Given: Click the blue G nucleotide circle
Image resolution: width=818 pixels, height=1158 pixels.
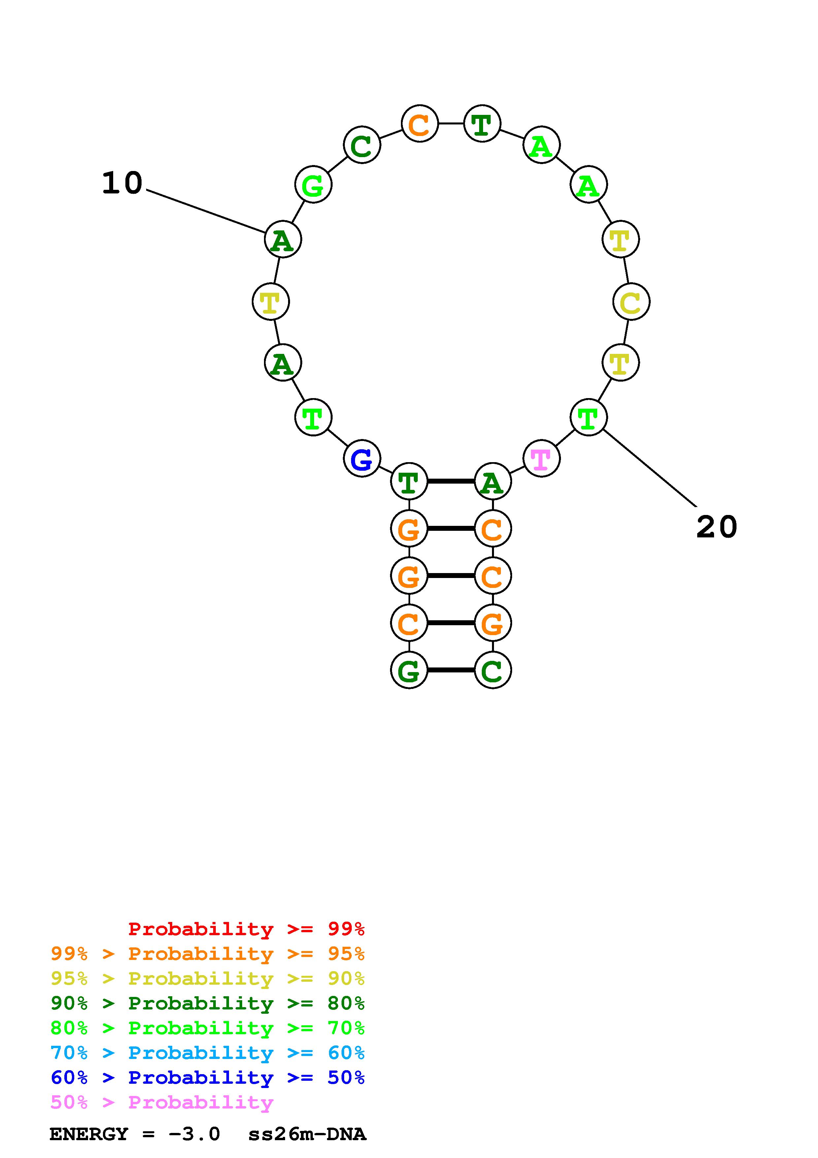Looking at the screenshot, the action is click(361, 459).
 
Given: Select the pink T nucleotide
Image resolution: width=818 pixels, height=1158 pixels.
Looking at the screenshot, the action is click(541, 459).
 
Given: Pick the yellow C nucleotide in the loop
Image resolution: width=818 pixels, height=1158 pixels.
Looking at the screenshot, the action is click(631, 302).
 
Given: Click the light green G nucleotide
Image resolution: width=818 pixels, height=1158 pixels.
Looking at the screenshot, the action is click(313, 185).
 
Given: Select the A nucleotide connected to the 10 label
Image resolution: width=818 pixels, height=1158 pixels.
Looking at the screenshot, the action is click(283, 239).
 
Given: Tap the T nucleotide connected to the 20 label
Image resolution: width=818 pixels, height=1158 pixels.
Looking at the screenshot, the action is click(588, 417).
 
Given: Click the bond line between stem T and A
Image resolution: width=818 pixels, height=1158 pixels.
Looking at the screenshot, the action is click(451, 482).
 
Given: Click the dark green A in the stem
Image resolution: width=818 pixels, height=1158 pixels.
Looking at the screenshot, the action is click(492, 482).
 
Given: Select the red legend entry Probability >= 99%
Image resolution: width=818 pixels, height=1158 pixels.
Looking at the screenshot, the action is click(246, 929).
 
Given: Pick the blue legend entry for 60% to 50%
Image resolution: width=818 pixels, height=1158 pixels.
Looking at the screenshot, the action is click(208, 1077).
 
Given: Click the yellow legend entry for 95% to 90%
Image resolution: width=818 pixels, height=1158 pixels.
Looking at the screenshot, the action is click(208, 978).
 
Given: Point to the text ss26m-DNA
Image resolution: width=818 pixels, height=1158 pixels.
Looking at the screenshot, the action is click(307, 1134).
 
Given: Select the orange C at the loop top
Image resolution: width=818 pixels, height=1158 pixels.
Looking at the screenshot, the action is click(419, 123).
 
